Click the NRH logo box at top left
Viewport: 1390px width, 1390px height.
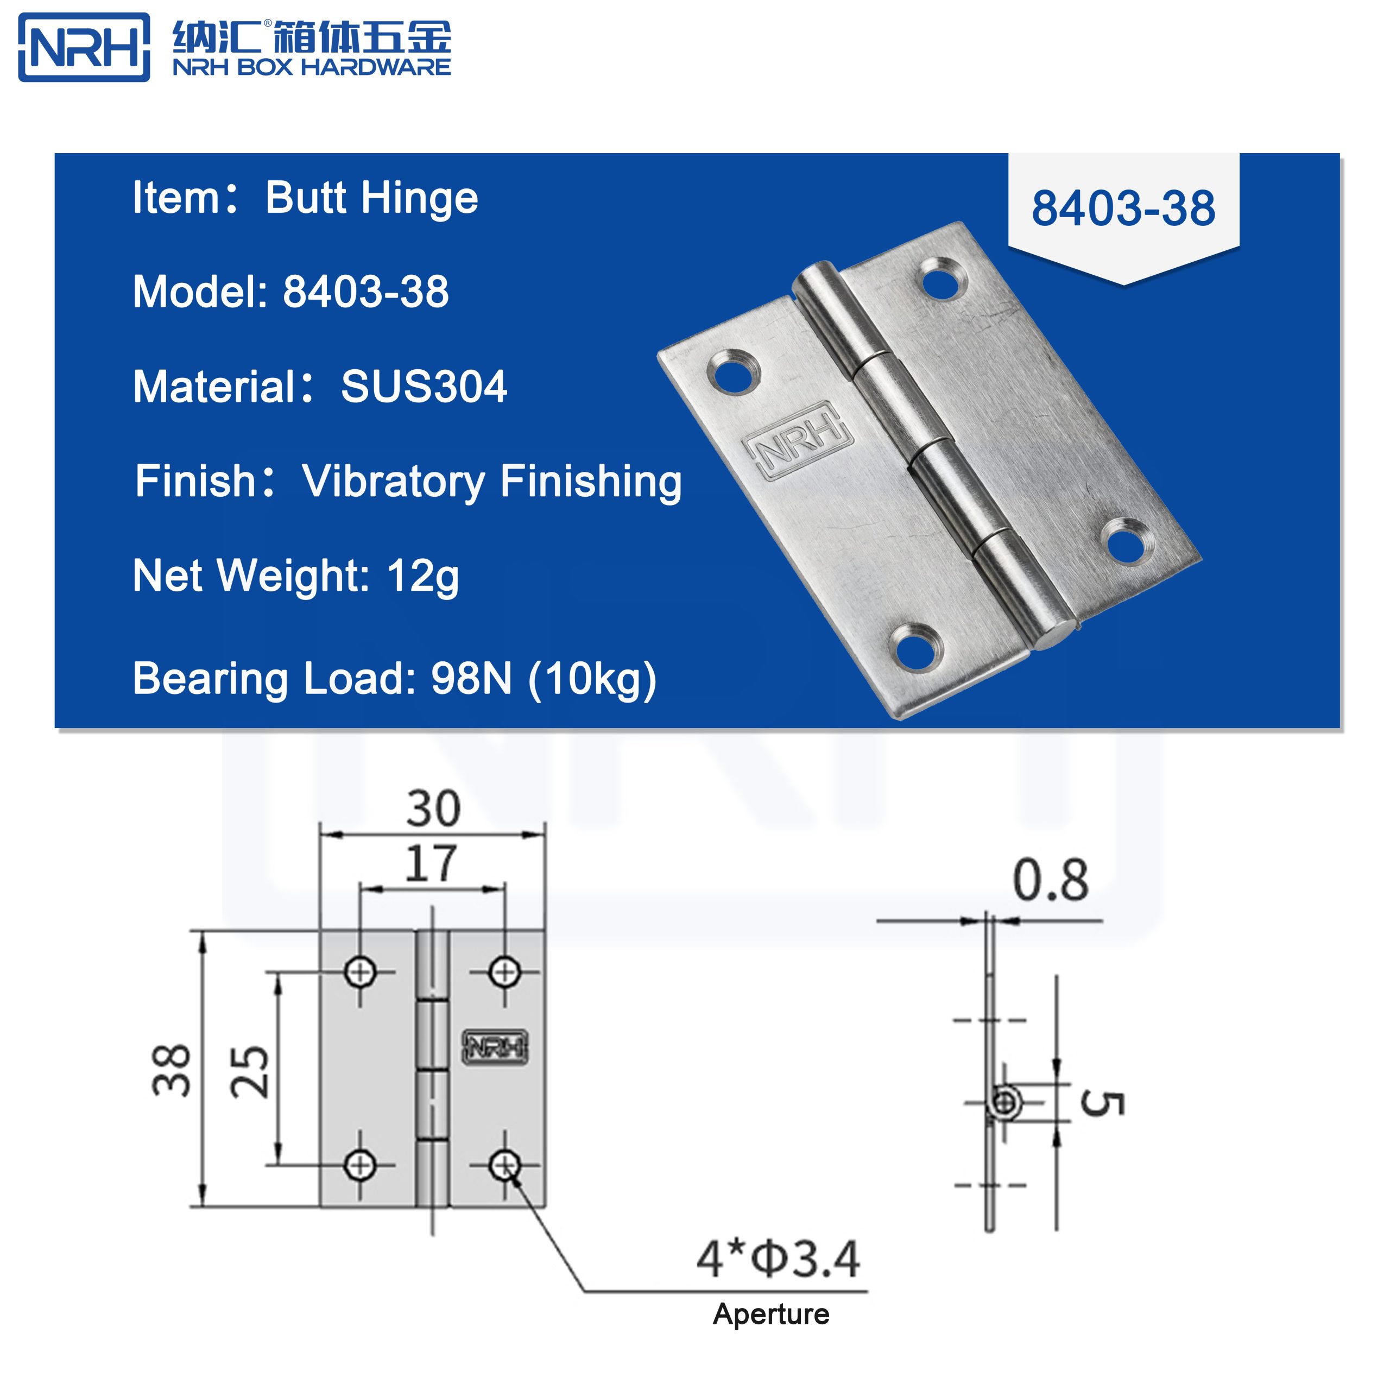pos(84,47)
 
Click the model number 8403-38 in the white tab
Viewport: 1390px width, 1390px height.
pos(1122,210)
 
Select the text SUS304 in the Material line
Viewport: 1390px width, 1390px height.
pos(424,387)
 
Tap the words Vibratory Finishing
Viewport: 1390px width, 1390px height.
pos(491,481)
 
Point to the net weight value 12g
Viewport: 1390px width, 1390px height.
pos(422,576)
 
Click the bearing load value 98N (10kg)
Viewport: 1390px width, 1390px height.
pos(543,679)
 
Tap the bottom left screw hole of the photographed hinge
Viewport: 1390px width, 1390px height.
pos(915,646)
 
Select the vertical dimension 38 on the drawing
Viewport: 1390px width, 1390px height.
pos(171,1070)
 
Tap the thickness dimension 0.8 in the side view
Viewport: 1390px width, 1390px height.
pos(1051,881)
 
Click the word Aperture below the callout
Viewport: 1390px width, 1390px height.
pos(770,1315)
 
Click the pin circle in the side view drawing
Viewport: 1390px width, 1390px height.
pos(1004,1102)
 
